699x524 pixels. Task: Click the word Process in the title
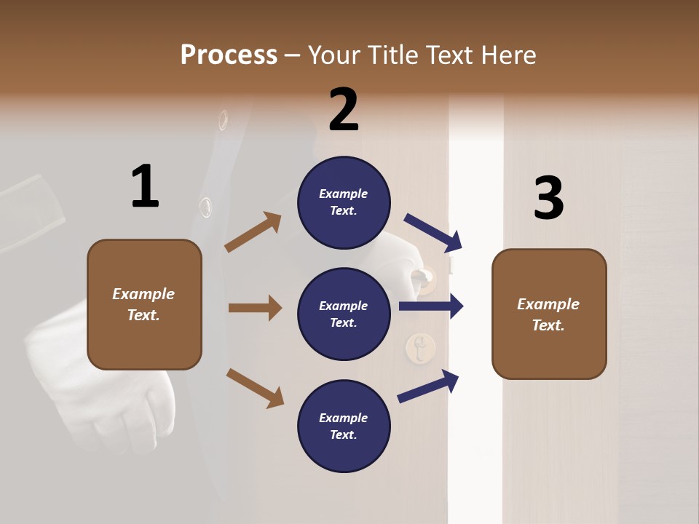229,55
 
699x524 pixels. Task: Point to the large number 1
144,186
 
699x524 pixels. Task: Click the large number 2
344,109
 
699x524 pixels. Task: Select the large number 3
548,198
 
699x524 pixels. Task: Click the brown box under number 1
144,304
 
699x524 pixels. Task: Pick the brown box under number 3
549,314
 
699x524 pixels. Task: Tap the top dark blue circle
344,202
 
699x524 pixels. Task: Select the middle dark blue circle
344,314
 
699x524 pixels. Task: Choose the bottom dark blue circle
344,426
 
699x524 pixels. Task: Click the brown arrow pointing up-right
253,232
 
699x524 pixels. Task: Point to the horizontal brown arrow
255,308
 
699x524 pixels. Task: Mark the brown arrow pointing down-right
255,387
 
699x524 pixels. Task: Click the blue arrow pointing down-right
433,231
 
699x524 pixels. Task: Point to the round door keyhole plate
420,348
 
